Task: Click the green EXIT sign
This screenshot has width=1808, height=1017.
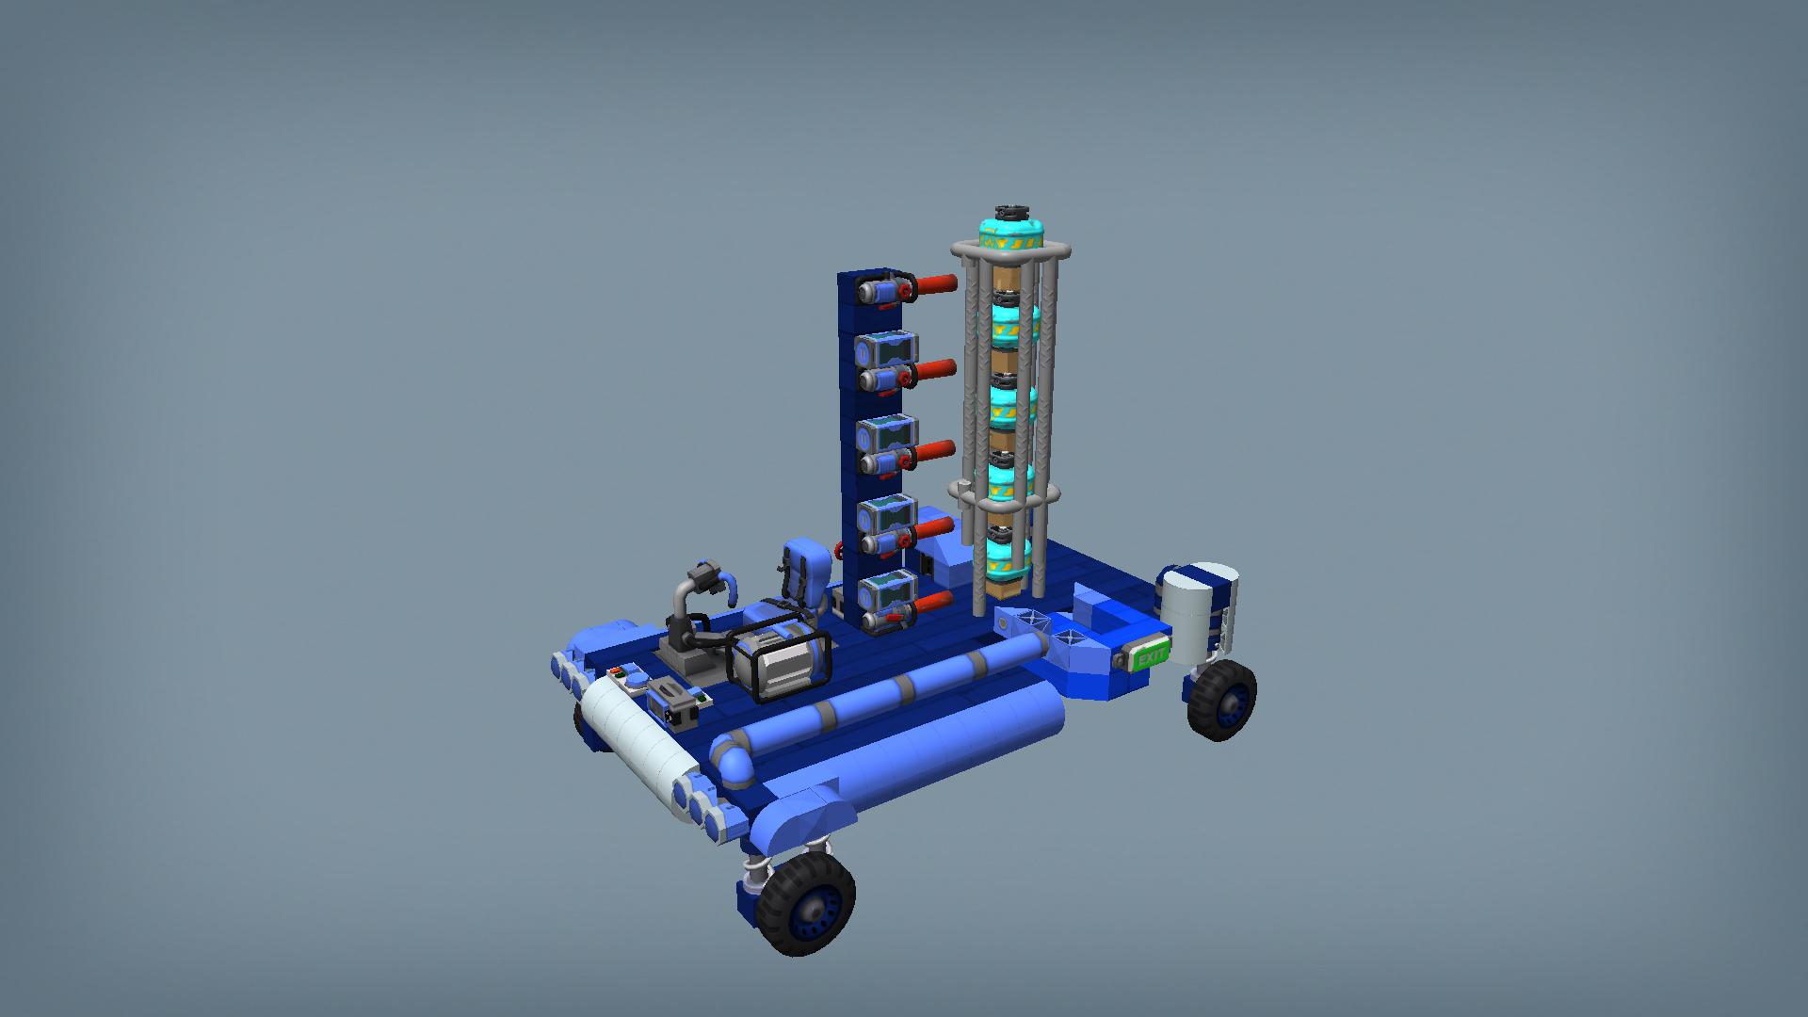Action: (1150, 655)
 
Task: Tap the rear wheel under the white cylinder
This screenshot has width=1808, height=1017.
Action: (1221, 700)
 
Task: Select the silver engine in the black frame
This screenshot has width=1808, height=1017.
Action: (780, 661)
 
